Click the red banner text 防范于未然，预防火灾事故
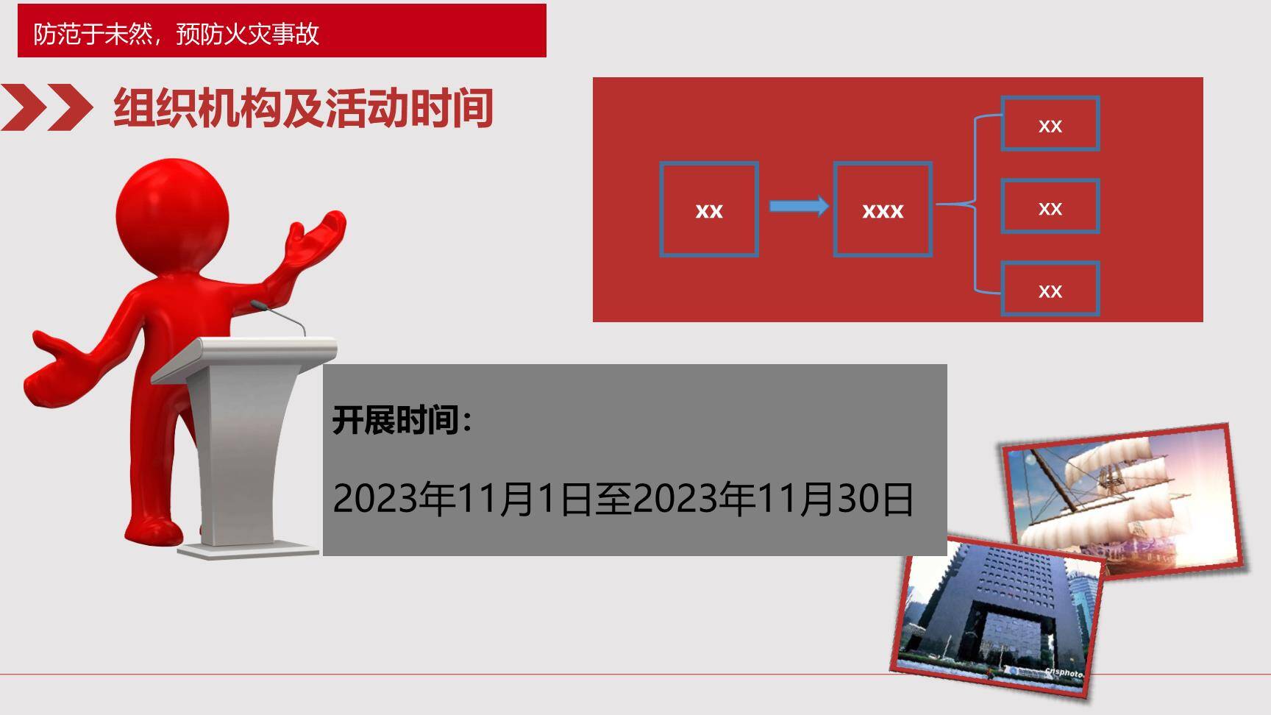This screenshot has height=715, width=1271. pyautogui.click(x=177, y=34)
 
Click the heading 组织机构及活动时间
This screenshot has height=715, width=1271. pyautogui.click(x=302, y=108)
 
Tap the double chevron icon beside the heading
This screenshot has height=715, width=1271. pyautogui.click(x=46, y=107)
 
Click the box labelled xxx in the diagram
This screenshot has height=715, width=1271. pyautogui.click(x=883, y=210)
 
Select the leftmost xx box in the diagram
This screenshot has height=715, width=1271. pyautogui.click(x=709, y=210)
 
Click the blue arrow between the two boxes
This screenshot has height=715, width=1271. pyautogui.click(x=798, y=206)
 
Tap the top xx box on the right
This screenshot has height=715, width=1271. pyautogui.click(x=1050, y=125)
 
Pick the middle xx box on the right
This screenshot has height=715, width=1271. pyautogui.click(x=1050, y=208)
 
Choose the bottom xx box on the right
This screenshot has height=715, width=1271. pyautogui.click(x=1050, y=291)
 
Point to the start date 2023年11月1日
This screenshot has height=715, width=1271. pyautogui.click(x=462, y=499)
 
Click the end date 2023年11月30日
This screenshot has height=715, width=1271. pyautogui.click(x=772, y=499)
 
